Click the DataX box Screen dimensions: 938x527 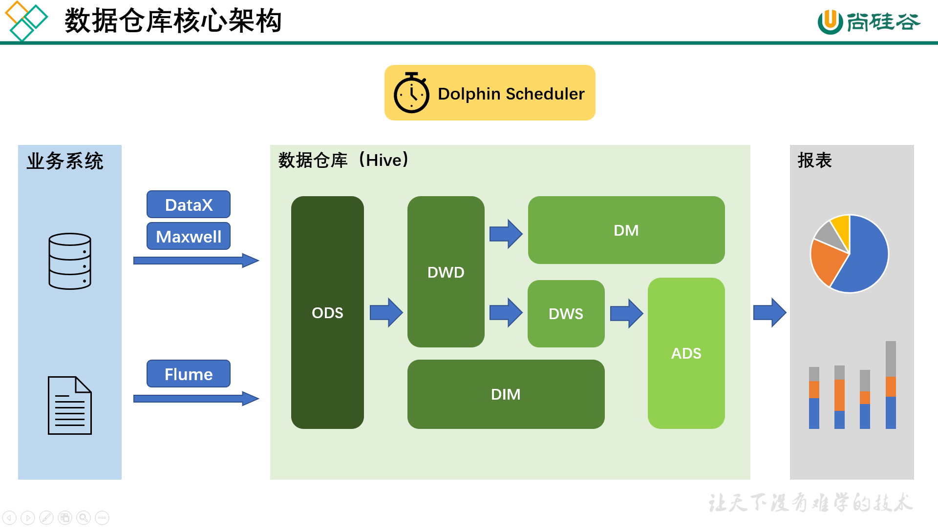point(189,204)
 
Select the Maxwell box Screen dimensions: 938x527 point(189,236)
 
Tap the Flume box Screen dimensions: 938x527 point(189,374)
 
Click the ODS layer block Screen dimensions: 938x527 point(327,312)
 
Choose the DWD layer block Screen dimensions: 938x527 point(446,272)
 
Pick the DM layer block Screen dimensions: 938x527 point(626,230)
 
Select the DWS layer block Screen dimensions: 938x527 point(566,314)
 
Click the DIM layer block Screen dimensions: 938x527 point(506,394)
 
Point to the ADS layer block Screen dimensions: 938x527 point(686,353)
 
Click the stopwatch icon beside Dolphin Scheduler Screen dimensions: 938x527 point(411,93)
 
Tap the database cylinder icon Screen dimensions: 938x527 point(70,261)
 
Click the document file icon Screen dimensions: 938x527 point(70,405)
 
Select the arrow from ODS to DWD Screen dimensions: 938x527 point(386,312)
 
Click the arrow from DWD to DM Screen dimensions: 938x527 point(506,234)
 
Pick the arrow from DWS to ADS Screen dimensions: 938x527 point(627,313)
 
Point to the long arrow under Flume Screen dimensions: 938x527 point(196,399)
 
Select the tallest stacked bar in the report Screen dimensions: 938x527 point(891,385)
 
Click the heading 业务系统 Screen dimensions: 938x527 point(65,161)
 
